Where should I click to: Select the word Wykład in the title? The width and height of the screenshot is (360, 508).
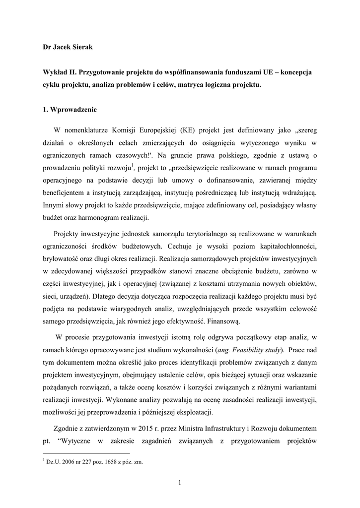(x=55, y=72)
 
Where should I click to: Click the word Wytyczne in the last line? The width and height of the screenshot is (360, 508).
(x=77, y=441)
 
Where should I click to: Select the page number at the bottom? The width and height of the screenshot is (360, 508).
(x=180, y=484)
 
